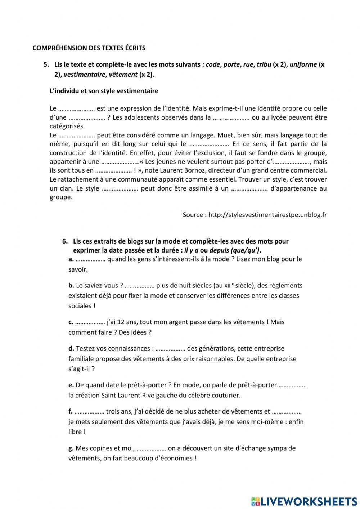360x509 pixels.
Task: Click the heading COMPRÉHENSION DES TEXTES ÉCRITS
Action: click(x=89, y=48)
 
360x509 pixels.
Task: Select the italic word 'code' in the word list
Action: click(x=213, y=65)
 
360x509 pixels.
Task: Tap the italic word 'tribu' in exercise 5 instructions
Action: click(x=264, y=65)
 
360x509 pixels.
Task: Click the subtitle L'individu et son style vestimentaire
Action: click(x=104, y=91)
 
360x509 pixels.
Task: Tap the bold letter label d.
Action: click(x=71, y=349)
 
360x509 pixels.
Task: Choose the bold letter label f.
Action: click(x=71, y=411)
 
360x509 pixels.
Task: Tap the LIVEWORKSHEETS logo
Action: click(x=304, y=501)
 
